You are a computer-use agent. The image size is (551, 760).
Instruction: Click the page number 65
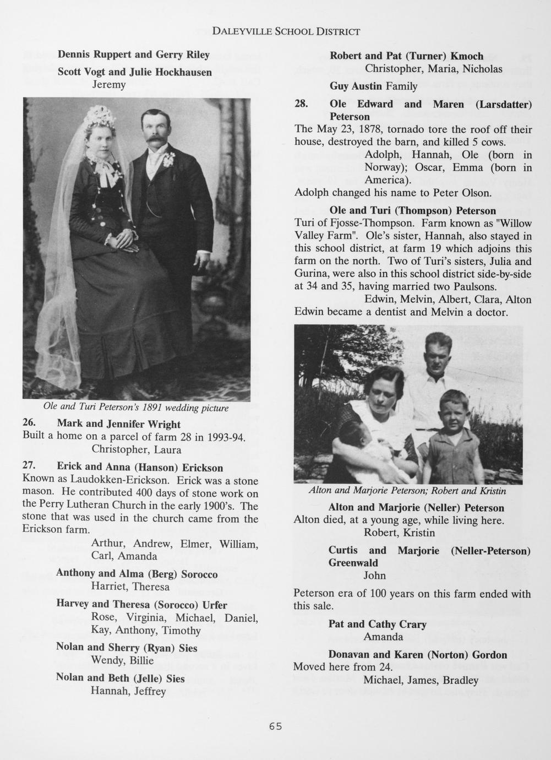click(275, 726)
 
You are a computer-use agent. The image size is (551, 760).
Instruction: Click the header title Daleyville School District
click(286, 31)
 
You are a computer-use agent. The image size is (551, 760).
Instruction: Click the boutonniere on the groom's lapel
click(168, 160)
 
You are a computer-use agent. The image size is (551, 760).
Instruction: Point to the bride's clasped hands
click(128, 242)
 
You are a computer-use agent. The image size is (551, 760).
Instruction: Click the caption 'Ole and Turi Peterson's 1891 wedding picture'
click(135, 408)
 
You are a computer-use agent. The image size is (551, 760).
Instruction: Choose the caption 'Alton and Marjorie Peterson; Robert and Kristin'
click(407, 491)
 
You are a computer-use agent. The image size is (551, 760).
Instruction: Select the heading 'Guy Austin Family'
click(373, 86)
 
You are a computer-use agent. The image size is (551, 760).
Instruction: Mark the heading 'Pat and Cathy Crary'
click(377, 624)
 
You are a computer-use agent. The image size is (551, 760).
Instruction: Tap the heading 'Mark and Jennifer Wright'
click(118, 424)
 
